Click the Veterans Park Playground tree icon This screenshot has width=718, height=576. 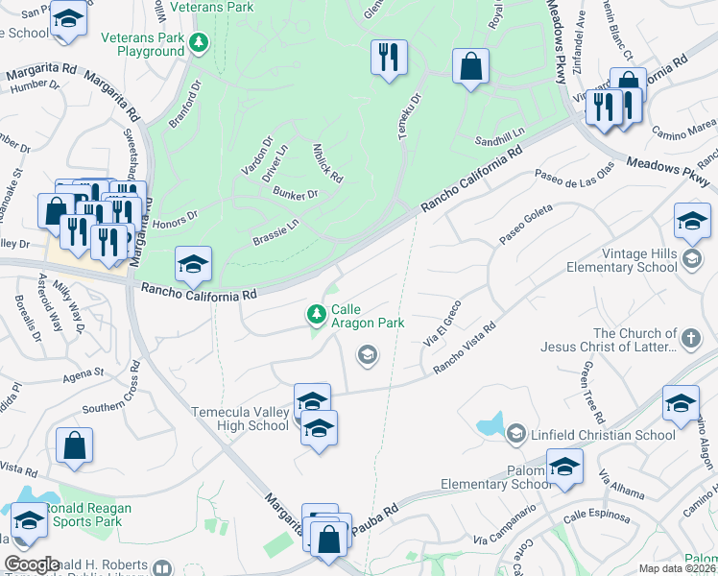(199, 42)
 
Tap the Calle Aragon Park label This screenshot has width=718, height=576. (367, 318)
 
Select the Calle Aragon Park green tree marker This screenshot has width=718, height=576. (316, 313)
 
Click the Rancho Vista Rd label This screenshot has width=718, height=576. (465, 347)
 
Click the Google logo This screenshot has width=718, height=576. (33, 564)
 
